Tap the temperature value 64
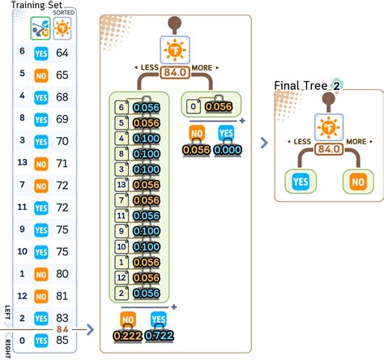click(62, 53)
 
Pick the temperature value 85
click(62, 341)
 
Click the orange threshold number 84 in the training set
click(62, 328)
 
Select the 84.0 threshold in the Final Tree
click(329, 149)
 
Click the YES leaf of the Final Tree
click(302, 181)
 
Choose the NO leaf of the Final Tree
click(356, 181)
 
